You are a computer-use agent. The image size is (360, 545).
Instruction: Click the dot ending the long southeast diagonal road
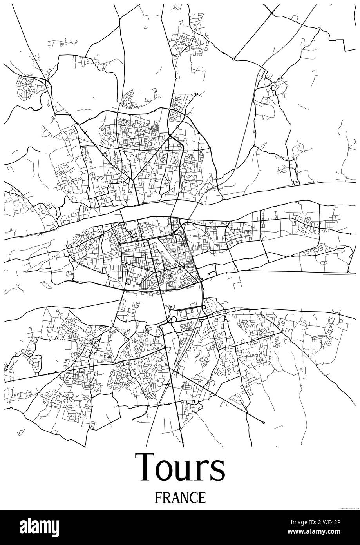(x=263, y=422)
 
